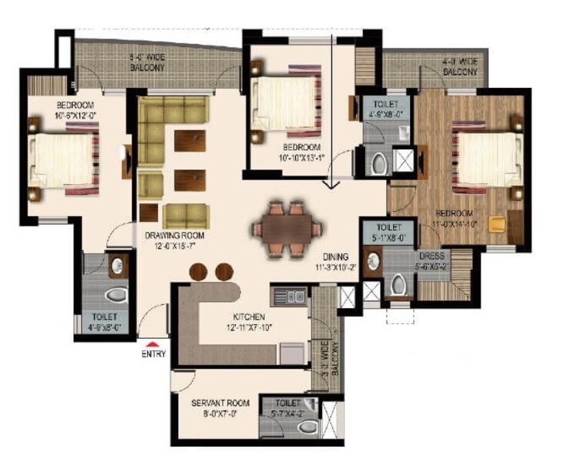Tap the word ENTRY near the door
pyautogui.click(x=153, y=354)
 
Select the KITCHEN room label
pyautogui.click(x=250, y=316)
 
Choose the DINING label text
pyautogui.click(x=335, y=257)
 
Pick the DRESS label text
pyautogui.click(x=430, y=256)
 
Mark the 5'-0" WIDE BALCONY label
pyautogui.click(x=148, y=62)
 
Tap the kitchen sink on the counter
pyautogui.click(x=290, y=295)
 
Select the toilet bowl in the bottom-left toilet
pyautogui.click(x=114, y=295)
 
